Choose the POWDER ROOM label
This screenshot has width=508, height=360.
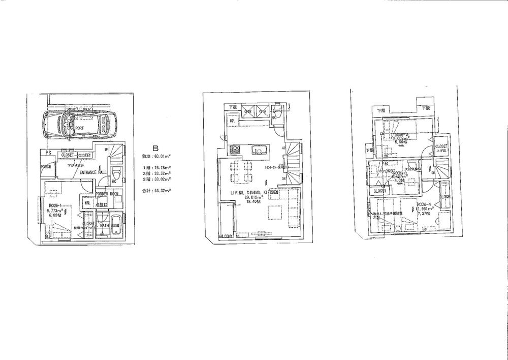coord(107,194)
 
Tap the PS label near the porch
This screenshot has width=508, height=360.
coord(48,153)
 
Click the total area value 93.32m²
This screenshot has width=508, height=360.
coord(162,190)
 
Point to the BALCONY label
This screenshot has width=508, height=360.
coord(226,236)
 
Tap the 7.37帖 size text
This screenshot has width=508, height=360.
coord(425,214)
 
